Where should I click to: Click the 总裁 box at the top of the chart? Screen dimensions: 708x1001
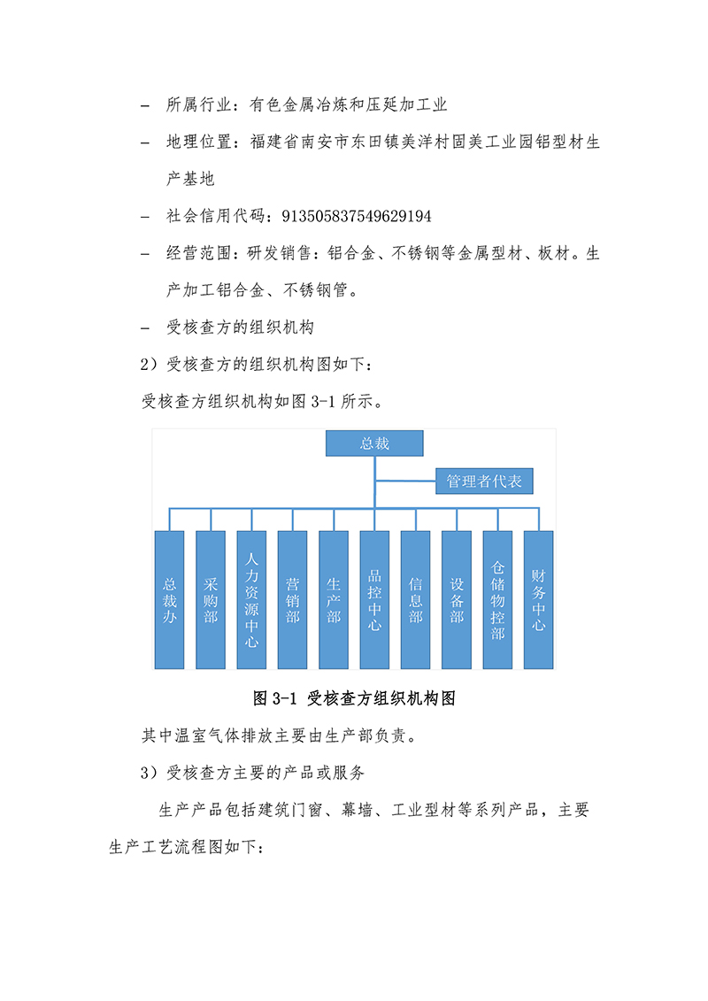[x=374, y=443]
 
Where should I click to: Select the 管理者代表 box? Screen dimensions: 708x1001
[x=484, y=481]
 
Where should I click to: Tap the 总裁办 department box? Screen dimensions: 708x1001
[x=169, y=600]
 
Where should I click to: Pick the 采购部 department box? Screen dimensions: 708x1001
[x=211, y=600]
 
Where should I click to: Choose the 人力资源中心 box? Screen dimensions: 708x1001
[x=251, y=600]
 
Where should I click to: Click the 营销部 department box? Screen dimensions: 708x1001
[x=292, y=600]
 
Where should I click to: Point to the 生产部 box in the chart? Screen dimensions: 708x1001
[x=334, y=600]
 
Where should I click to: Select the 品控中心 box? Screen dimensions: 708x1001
[x=374, y=600]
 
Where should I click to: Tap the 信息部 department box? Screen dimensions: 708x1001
[x=416, y=600]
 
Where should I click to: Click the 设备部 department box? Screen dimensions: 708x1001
[x=457, y=600]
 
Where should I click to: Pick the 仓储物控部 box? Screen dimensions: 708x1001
[x=497, y=600]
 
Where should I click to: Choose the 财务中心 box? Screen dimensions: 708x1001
[x=539, y=600]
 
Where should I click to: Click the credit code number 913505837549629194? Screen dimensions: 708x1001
[x=357, y=217]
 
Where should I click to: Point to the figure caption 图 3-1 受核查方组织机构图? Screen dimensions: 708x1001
[x=354, y=698]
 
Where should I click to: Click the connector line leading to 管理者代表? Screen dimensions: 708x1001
[x=405, y=481]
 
